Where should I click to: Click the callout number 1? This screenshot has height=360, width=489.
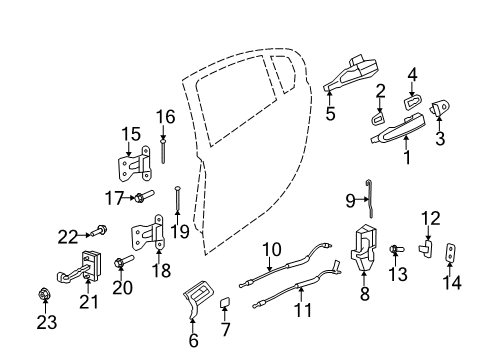coord(407,157)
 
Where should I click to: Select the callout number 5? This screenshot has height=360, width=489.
coord(330,114)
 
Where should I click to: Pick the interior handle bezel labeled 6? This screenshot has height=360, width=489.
coord(200,301)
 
